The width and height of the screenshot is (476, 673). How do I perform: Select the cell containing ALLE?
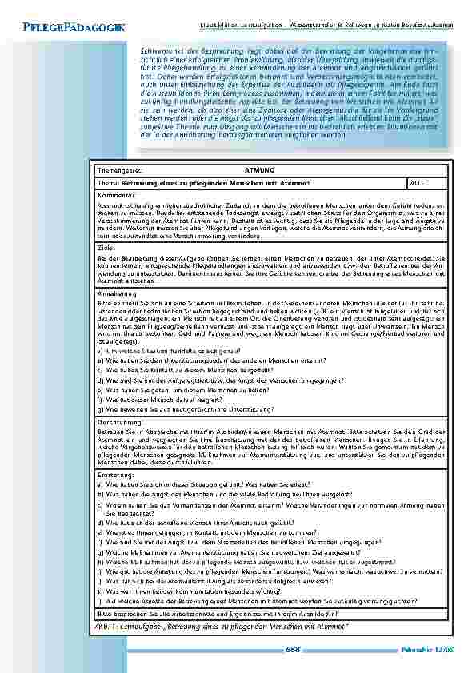click(417, 183)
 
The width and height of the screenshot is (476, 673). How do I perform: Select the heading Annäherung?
click(117, 294)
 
